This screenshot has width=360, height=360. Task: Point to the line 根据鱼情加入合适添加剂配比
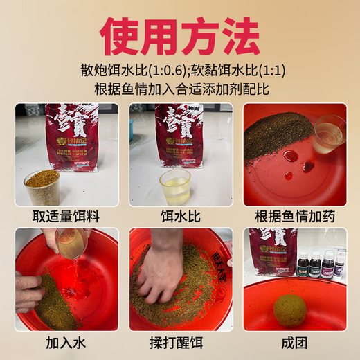(180, 89)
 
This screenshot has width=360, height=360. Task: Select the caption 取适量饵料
(66, 215)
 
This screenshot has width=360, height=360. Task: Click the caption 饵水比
(180, 215)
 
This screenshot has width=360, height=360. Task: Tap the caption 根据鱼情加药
(294, 215)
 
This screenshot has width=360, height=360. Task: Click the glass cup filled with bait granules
(42, 187)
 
